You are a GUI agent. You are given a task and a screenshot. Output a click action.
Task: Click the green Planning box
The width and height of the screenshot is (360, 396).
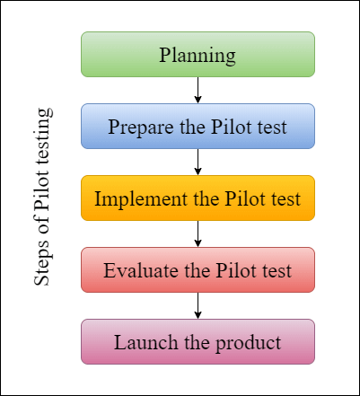pos(198,55)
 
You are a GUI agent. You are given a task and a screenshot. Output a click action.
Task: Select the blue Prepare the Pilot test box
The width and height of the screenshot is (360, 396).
pos(198,127)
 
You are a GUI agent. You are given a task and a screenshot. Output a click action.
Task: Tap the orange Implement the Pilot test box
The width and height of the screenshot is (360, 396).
pos(198,198)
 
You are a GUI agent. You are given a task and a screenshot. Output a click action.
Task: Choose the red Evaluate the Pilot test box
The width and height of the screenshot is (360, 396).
pos(198,270)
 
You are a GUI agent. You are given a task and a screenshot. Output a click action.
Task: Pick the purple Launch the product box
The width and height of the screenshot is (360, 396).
pos(198,342)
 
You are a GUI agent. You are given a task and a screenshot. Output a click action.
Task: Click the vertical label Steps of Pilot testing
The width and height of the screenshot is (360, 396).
pos(42,198)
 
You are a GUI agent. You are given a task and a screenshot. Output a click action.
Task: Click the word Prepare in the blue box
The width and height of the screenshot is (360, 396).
pos(140,128)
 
